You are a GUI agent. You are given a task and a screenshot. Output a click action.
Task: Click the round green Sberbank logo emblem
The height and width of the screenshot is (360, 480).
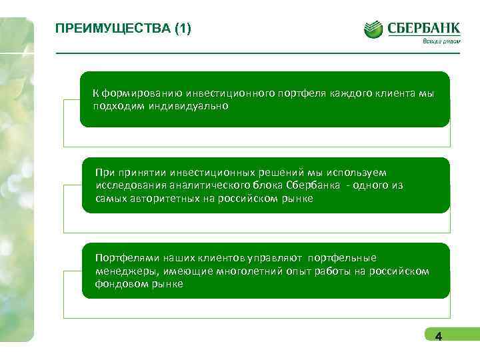pyautogui.click(x=373, y=30)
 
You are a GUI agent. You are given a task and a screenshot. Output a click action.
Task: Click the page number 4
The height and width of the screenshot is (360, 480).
pyautogui.click(x=438, y=337)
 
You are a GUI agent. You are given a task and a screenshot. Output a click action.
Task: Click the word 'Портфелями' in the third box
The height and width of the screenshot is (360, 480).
pyautogui.click(x=123, y=258)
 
